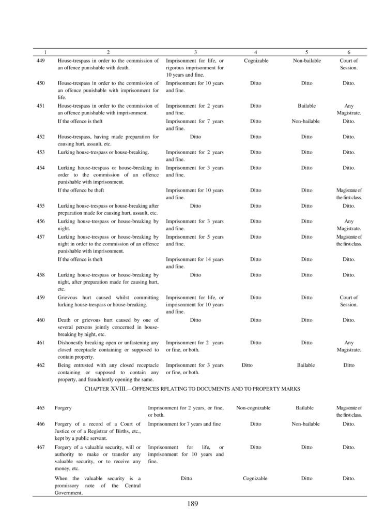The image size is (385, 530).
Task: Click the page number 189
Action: click(x=193, y=503)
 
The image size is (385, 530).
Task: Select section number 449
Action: click(x=41, y=61)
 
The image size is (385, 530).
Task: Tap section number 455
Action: click(x=41, y=205)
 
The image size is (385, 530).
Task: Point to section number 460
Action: click(x=41, y=320)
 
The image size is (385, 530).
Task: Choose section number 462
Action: click(x=41, y=365)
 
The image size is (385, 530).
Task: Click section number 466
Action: click(x=41, y=423)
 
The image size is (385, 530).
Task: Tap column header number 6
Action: click(x=349, y=52)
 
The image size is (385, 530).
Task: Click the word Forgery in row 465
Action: click(x=63, y=408)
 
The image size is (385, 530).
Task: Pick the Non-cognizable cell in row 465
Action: click(x=253, y=408)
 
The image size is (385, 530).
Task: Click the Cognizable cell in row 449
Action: click(x=255, y=61)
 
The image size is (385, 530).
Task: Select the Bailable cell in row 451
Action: click(x=306, y=106)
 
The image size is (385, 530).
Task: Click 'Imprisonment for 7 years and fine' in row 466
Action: click(x=184, y=423)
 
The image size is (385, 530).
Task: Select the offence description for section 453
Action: click(x=103, y=152)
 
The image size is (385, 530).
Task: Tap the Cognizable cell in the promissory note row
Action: click(x=255, y=478)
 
